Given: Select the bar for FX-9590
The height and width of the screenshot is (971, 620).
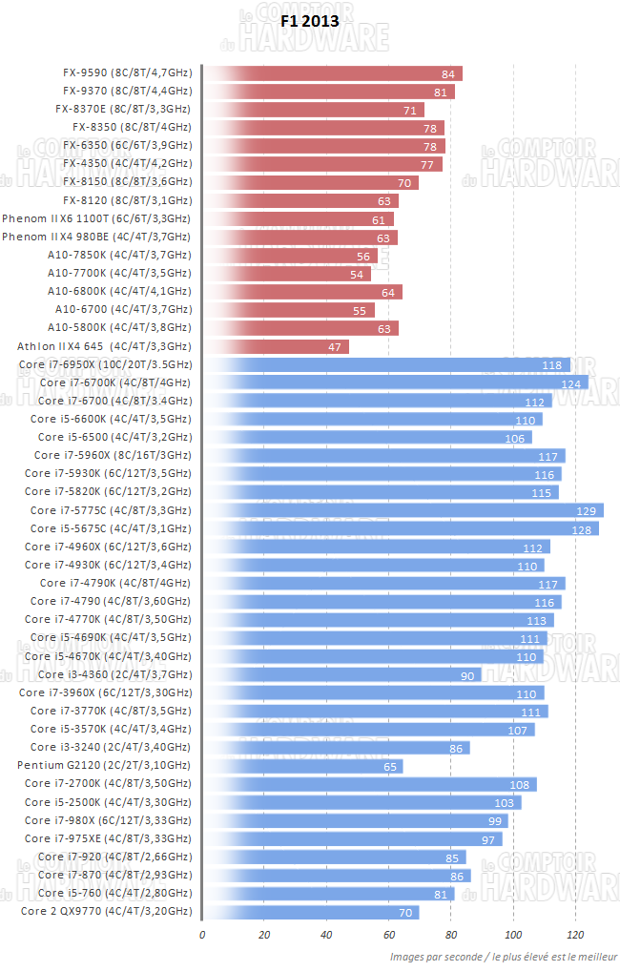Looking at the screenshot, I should (x=332, y=73).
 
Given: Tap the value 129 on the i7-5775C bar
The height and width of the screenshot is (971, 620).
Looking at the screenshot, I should (x=586, y=511).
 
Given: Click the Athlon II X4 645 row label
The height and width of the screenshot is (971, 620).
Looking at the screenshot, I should (x=104, y=346).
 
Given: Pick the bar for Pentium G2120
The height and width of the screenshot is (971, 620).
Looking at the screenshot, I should (x=303, y=766).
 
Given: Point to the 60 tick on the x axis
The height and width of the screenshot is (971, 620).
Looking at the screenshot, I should (x=389, y=934).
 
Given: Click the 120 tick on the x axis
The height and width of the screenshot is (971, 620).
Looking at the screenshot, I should (x=575, y=934).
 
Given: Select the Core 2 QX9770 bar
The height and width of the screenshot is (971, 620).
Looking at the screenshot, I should (x=311, y=912).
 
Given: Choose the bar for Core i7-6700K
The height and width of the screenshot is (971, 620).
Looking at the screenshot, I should (x=395, y=383).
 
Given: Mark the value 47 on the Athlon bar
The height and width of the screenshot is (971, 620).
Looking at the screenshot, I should (x=335, y=347).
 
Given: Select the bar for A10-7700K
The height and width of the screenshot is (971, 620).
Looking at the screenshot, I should (x=287, y=274).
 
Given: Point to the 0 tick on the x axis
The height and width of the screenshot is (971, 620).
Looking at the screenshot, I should (x=202, y=934).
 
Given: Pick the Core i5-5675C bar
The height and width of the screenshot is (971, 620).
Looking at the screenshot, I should (x=401, y=529).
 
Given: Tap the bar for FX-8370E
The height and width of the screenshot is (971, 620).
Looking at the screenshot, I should (x=313, y=110).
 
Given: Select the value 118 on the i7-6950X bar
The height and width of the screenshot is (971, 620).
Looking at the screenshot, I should (x=551, y=365).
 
